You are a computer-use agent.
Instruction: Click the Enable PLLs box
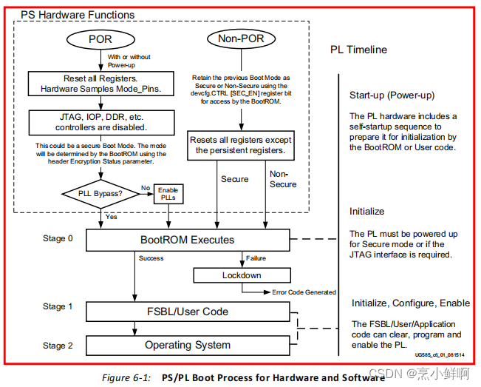pos(168,195)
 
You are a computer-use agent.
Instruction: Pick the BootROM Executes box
pos(187,240)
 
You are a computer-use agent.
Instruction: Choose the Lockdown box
pos(242,275)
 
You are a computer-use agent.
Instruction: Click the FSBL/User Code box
pos(187,311)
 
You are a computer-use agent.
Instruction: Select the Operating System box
pos(187,345)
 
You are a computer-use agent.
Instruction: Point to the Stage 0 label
pos(58,239)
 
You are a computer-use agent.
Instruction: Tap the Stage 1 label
pos(58,306)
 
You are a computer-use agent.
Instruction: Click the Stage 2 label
pos(58,345)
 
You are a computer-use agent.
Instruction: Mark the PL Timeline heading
pos(358,50)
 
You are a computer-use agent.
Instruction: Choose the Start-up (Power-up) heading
pos(391,95)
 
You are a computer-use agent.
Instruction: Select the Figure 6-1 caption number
pos(126,377)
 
